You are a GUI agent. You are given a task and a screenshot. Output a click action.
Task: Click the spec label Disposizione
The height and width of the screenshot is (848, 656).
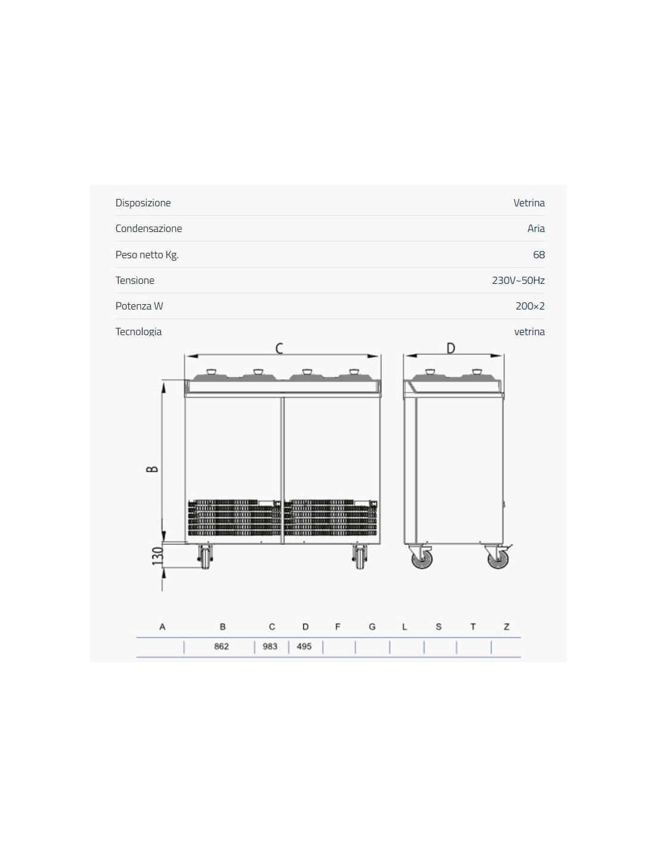coord(143,203)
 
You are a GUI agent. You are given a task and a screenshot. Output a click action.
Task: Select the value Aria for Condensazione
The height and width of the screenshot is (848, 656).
coord(536,228)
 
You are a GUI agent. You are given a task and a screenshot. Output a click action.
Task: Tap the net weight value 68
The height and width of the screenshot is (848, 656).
coord(539,255)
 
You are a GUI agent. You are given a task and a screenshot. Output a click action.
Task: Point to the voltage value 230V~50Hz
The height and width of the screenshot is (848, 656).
coord(518,280)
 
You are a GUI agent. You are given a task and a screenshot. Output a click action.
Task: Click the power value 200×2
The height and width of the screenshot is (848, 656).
coord(530,306)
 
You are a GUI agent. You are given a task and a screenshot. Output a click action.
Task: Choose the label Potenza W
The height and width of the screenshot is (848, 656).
coord(139,306)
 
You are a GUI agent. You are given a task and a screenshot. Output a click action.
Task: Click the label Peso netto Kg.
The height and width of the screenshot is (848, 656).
coord(147,255)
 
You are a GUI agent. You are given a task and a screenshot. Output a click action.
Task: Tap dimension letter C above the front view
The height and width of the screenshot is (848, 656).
coord(279,348)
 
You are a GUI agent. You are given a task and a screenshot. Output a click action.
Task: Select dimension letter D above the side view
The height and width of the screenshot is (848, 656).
coord(451,348)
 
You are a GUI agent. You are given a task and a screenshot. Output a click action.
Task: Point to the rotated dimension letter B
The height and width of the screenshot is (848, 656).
coord(152,469)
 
